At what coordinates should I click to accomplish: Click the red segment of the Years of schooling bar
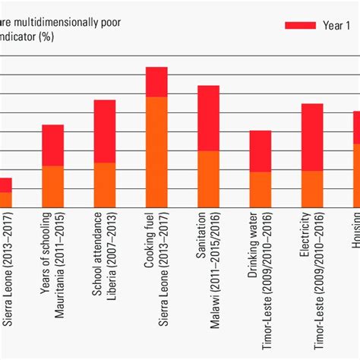pos(52,145)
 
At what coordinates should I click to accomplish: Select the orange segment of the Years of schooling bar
pos(52,186)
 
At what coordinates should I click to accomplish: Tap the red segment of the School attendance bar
pos(105,131)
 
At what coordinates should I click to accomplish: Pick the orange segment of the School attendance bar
pos(105,185)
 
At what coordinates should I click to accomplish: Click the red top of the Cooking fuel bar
pos(156,82)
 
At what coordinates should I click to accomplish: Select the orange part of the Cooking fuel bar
pos(156,152)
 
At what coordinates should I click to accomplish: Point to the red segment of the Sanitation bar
pos(208,118)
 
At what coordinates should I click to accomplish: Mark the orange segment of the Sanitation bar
pos(208,178)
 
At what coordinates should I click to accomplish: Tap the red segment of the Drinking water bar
pos(261,151)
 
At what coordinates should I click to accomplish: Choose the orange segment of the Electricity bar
pos(312,188)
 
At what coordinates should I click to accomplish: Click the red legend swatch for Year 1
pos(299,25)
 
